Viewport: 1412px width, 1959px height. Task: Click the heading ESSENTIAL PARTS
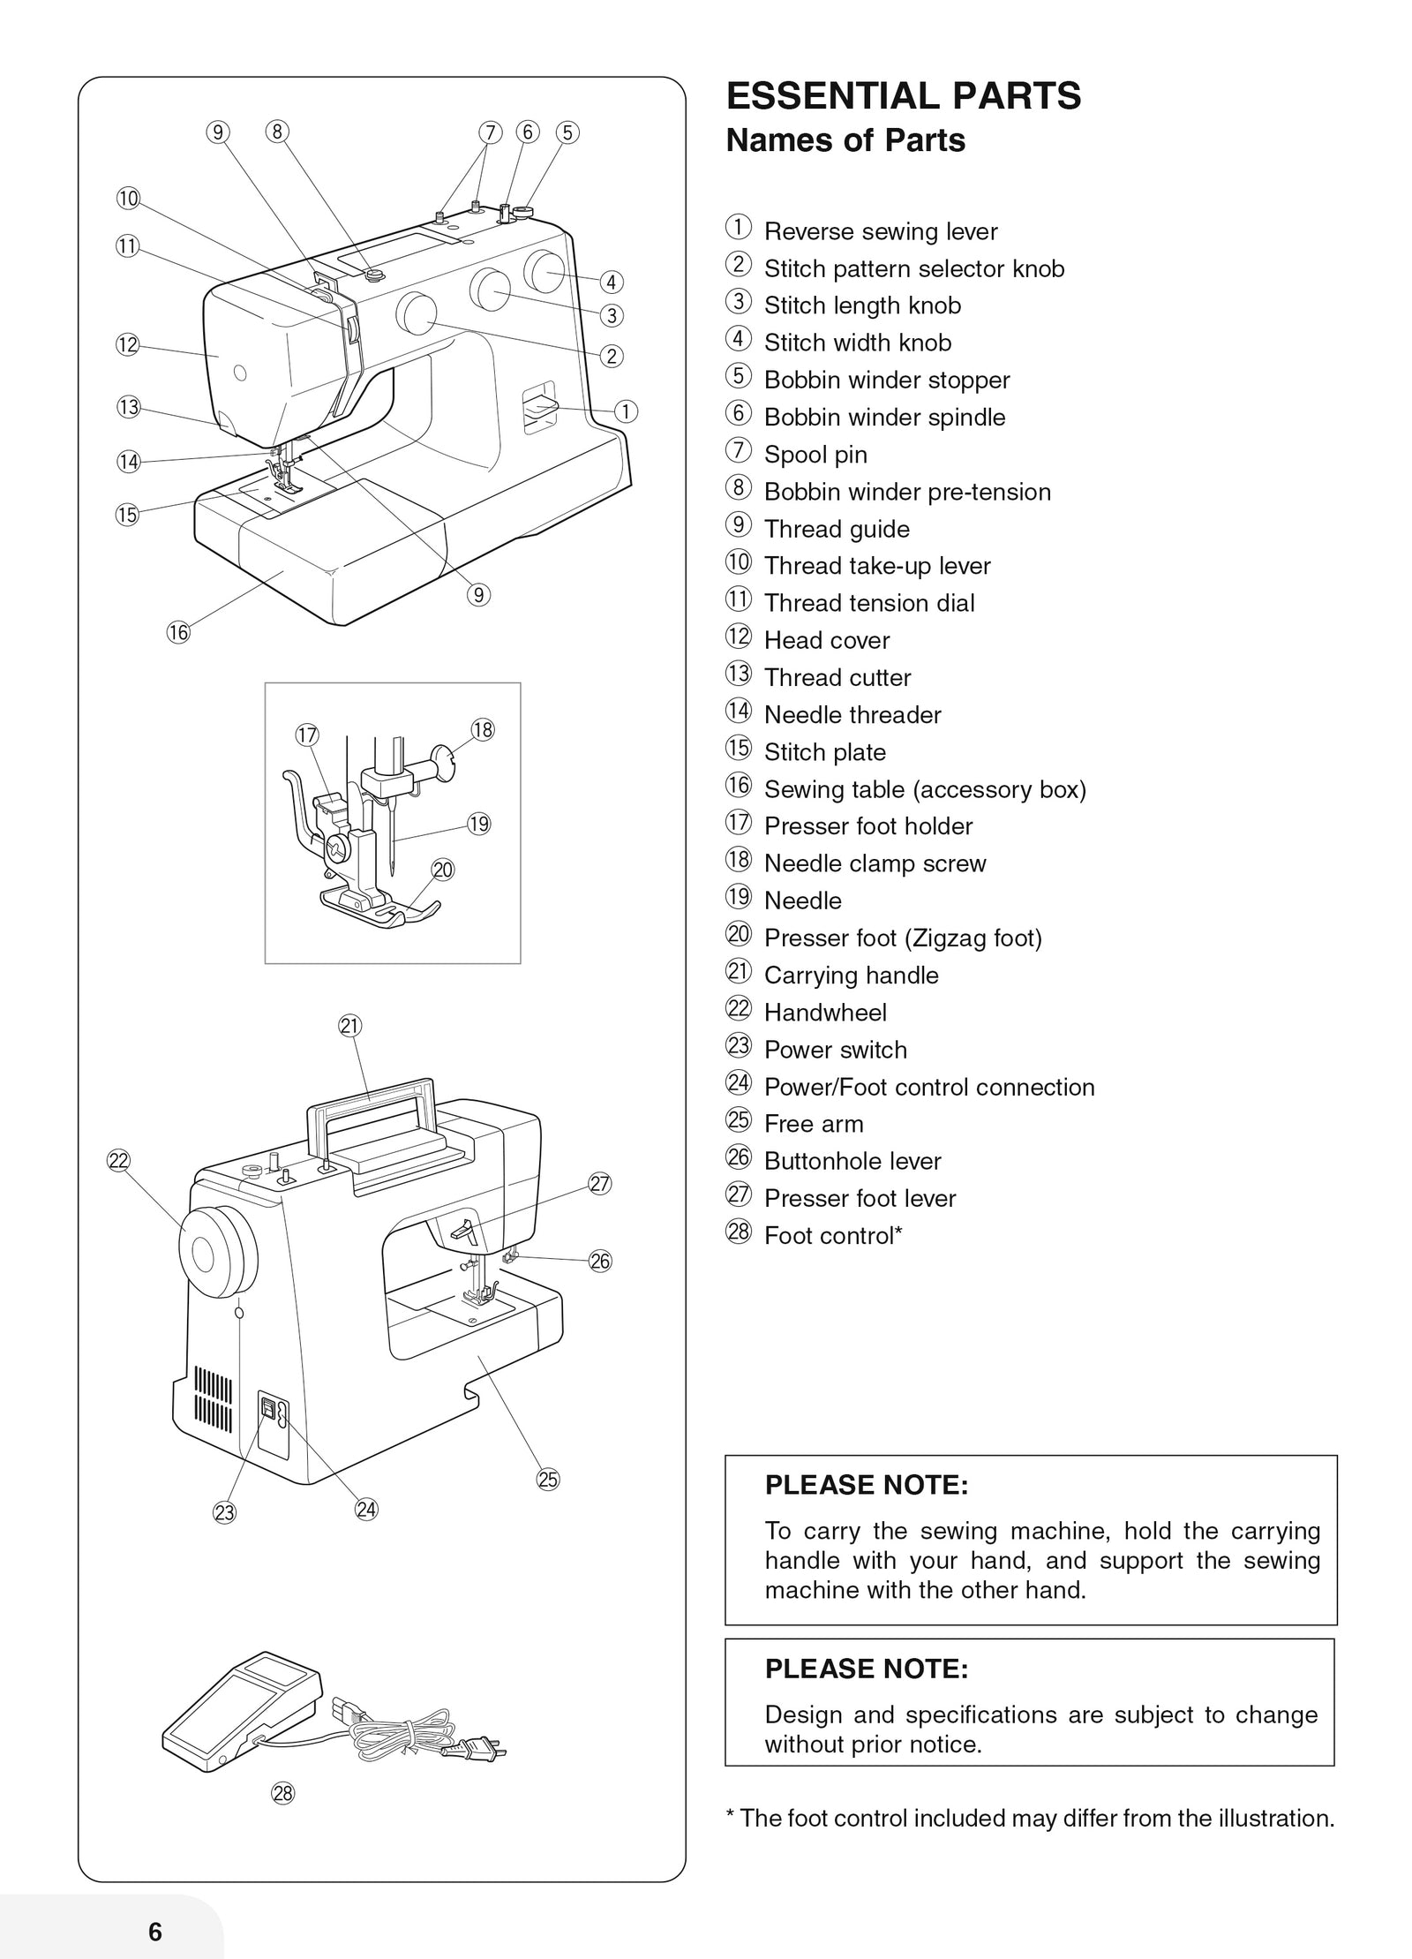pos(903,96)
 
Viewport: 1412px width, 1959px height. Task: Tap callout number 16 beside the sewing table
pos(178,632)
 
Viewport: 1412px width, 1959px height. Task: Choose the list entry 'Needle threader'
pos(852,715)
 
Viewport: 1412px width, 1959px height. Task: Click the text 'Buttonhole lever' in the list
pos(852,1161)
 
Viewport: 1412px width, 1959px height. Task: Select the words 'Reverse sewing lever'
pos(880,231)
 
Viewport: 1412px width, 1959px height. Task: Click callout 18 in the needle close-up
pos(483,730)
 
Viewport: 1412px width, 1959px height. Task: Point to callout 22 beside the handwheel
pos(118,1161)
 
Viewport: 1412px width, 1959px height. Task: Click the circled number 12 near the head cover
pos(128,344)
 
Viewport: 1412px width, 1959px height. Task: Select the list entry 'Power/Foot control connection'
pos(928,1087)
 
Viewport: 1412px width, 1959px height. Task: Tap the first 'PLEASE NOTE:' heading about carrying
pos(866,1485)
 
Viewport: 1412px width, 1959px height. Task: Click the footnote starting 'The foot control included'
pos(1029,1818)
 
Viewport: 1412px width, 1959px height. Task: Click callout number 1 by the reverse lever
pos(626,411)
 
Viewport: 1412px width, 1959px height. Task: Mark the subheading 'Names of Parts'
pos(845,140)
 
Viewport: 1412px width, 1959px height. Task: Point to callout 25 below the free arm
pos(548,1480)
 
